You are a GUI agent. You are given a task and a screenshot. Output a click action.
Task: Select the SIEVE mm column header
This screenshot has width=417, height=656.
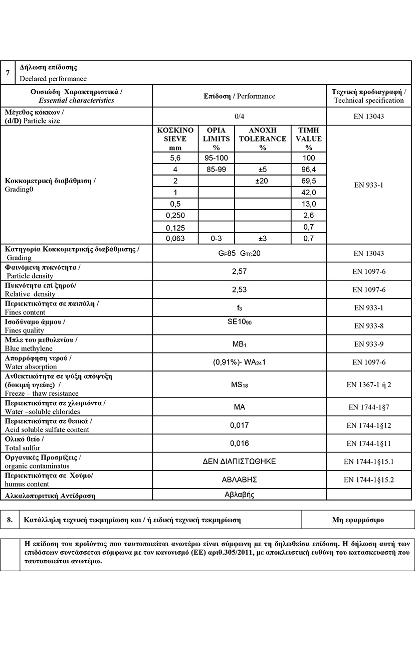pyautogui.click(x=175, y=139)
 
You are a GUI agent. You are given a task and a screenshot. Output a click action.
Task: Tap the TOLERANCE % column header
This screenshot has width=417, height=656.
pyautogui.click(x=263, y=139)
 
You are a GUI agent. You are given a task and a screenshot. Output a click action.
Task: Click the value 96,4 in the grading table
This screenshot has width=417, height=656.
pyautogui.click(x=309, y=170)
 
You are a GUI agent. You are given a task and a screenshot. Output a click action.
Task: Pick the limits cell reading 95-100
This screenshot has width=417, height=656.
pyautogui.click(x=216, y=158)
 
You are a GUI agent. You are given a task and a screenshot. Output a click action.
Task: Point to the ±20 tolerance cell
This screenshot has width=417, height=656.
pyautogui.click(x=263, y=181)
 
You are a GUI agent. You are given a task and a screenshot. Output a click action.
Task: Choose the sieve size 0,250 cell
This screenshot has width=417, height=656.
pyautogui.click(x=175, y=216)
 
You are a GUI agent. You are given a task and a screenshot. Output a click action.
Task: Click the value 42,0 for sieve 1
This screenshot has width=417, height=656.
pyautogui.click(x=309, y=193)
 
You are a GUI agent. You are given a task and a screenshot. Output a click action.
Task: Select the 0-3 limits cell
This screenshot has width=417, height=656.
pyautogui.click(x=216, y=239)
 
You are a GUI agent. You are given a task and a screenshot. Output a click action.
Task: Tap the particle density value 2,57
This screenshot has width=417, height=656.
pyautogui.click(x=239, y=271)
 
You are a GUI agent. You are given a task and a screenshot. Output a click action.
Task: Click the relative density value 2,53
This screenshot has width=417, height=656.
pyautogui.click(x=239, y=289)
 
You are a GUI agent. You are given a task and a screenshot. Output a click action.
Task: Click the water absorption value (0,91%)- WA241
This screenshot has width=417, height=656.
pyautogui.click(x=239, y=362)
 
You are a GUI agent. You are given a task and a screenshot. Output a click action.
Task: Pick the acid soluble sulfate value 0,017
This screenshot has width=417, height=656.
pyautogui.click(x=239, y=425)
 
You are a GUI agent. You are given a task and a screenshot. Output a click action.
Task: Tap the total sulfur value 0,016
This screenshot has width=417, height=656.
pyautogui.click(x=239, y=443)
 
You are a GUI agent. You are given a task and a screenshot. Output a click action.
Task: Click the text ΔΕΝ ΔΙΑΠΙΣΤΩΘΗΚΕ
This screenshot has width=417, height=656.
pyautogui.click(x=239, y=461)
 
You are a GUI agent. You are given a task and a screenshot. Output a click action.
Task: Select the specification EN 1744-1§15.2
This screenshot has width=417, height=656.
pyautogui.click(x=369, y=480)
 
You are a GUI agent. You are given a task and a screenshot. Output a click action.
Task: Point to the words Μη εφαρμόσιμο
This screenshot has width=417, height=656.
pyautogui.click(x=358, y=520)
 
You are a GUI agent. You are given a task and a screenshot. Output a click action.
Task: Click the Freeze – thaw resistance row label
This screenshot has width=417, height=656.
pyautogui.click(x=42, y=394)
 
